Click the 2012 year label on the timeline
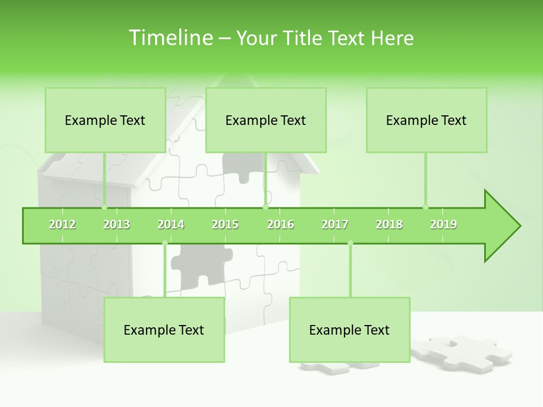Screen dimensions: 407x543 pos(62,224)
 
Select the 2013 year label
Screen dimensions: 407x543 pos(117,224)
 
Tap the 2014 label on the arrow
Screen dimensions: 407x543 pos(171,224)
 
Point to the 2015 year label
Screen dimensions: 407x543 pos(225,224)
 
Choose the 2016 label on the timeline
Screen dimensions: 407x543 pos(281,224)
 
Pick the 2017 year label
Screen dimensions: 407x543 pos(335,224)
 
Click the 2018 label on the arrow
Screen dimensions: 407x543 pos(389,224)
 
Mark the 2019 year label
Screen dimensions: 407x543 pos(443,224)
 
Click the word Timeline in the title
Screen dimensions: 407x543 pos(170,38)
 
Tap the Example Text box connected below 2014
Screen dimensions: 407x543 pos(164,330)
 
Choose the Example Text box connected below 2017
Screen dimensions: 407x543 pos(350,330)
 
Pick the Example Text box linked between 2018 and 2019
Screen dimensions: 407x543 pos(426,120)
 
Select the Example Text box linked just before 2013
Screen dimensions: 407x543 pos(105,120)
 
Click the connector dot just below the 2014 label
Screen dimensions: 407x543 pos(165,243)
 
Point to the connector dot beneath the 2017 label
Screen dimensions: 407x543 pos(350,243)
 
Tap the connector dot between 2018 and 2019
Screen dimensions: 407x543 pos(425,207)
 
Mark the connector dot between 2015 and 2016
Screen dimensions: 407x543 pos(265,207)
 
